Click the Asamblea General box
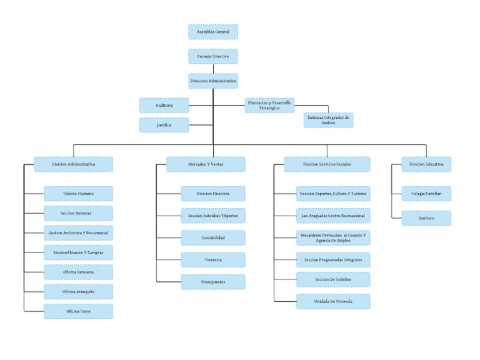[x=213, y=32]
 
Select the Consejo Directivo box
[x=213, y=56]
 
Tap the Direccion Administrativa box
[x=213, y=81]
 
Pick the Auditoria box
[x=164, y=106]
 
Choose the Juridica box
[x=164, y=125]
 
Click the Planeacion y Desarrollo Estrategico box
[x=269, y=105]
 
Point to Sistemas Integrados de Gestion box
[x=328, y=120]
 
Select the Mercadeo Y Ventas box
[x=206, y=164]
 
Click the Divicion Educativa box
[x=426, y=164]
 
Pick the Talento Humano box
[x=78, y=194]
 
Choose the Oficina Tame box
[x=78, y=311]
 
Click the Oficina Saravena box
[x=78, y=272]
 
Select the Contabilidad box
[x=213, y=237]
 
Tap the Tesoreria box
[x=213, y=259]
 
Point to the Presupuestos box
[x=213, y=282]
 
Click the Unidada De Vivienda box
[x=333, y=302]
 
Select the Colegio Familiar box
[x=426, y=194]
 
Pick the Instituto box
[x=426, y=218]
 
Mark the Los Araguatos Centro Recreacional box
[x=333, y=216]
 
